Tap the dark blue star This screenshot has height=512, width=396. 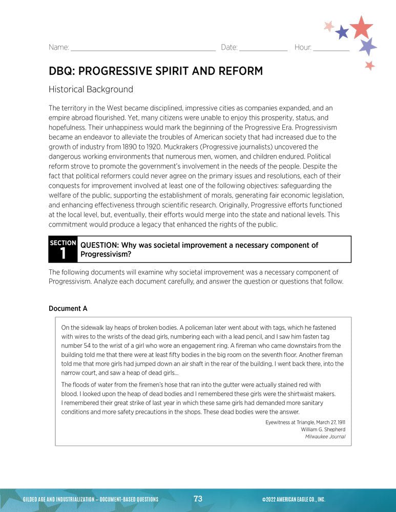click(342, 33)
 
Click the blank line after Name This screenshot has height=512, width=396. click(143, 50)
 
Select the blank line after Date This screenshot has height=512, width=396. click(263, 50)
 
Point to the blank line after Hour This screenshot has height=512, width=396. click(331, 50)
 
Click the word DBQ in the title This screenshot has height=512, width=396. click(60, 71)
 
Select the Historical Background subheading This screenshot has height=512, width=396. click(91, 90)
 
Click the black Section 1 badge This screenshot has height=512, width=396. click(63, 249)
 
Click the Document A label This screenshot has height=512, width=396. click(68, 309)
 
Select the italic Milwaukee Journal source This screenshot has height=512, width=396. click(325, 437)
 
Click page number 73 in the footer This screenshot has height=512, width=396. click(198, 499)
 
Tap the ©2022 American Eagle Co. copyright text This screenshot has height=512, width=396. click(293, 500)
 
